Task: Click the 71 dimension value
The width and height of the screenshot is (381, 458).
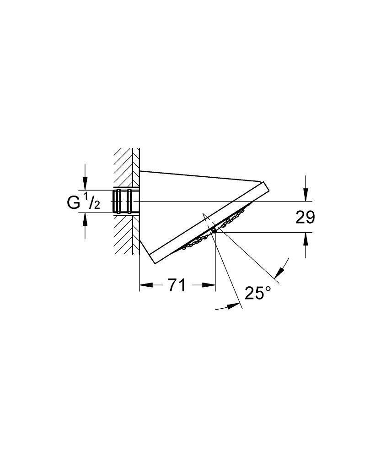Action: click(x=176, y=286)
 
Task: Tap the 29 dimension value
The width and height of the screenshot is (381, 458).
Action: click(x=305, y=218)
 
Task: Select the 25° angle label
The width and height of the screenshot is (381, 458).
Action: click(x=258, y=293)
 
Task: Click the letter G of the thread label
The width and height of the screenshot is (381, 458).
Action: click(x=74, y=202)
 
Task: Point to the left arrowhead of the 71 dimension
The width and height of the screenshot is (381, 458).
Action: click(x=145, y=285)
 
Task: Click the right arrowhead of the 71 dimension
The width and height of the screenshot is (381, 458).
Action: click(x=210, y=285)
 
